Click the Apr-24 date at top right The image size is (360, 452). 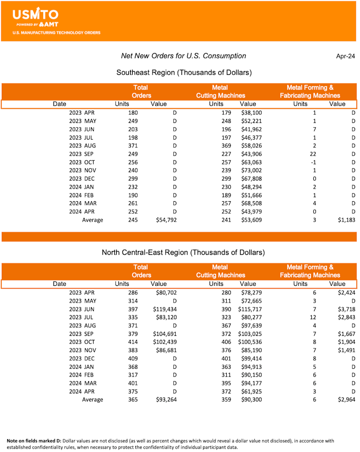pyautogui.click(x=346, y=56)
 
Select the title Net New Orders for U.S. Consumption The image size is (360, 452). pyautogui.click(x=184, y=56)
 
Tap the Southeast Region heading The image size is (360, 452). pyautogui.click(x=184, y=72)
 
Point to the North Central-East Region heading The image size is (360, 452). pyautogui.click(x=183, y=252)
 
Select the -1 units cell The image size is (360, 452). pyautogui.click(x=314, y=162)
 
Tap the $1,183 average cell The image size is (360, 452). pyautogui.click(x=346, y=220)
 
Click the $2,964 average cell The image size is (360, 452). pyautogui.click(x=346, y=400)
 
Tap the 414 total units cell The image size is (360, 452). pyautogui.click(x=133, y=342)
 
